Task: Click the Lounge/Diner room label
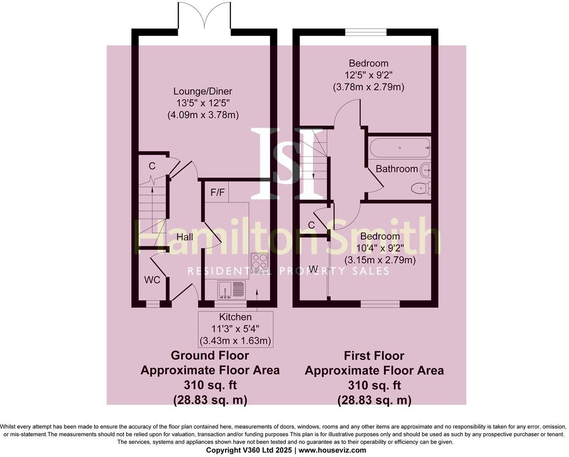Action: [203, 92]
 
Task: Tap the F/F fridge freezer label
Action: [217, 193]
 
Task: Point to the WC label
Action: [152, 280]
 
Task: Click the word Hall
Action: [185, 237]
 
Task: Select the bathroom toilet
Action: [422, 188]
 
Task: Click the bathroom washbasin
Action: [426, 170]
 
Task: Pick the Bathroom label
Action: [397, 169]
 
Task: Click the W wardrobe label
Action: [313, 269]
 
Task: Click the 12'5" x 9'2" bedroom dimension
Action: [368, 75]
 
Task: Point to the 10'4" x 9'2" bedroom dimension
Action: [380, 248]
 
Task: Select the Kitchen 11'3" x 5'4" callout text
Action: [235, 329]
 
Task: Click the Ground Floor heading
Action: [210, 355]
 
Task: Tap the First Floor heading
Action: [374, 356]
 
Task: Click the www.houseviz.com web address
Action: [332, 450]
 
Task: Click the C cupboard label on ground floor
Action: [152, 166]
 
